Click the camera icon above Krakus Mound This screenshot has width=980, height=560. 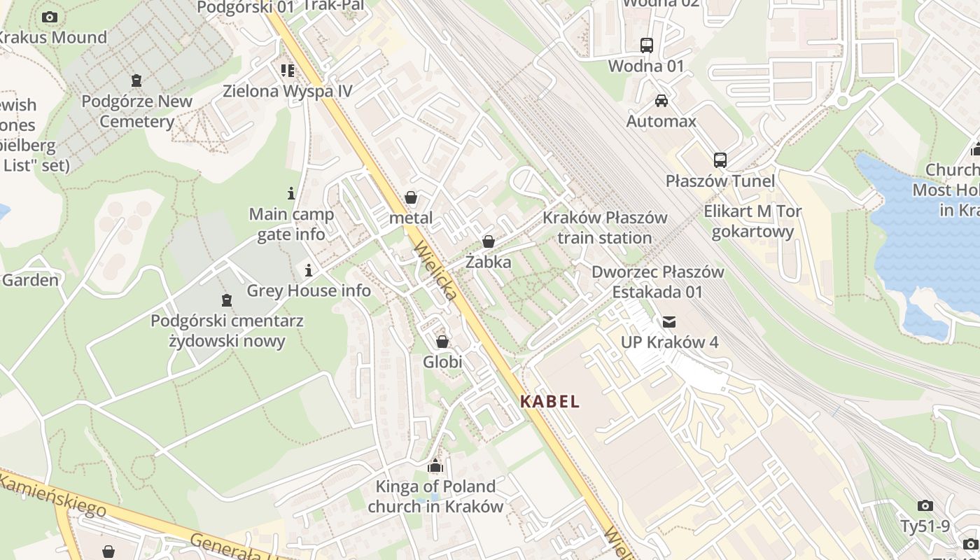(50, 17)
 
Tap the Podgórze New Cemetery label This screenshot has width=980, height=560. (136, 111)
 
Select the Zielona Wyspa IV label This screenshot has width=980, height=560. (287, 91)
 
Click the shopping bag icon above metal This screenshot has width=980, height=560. (411, 197)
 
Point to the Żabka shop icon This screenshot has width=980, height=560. (488, 241)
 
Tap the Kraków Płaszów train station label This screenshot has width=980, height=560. (605, 227)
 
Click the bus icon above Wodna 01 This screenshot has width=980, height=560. (646, 45)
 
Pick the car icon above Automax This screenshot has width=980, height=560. (661, 101)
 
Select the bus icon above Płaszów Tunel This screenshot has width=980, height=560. (720, 160)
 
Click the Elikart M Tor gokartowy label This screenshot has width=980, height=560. (752, 221)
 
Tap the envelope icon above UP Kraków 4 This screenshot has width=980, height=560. (669, 322)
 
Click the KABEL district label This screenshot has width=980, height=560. (550, 402)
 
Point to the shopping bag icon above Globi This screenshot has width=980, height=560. (442, 342)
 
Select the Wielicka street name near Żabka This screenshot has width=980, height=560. (436, 271)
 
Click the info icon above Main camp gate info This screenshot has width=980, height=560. (291, 193)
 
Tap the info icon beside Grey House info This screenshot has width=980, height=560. (308, 270)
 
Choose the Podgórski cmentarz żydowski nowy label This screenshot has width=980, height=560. (227, 331)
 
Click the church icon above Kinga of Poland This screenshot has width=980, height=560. (435, 465)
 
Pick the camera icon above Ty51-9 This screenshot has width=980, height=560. (925, 505)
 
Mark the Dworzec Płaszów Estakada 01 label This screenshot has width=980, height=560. (657, 281)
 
